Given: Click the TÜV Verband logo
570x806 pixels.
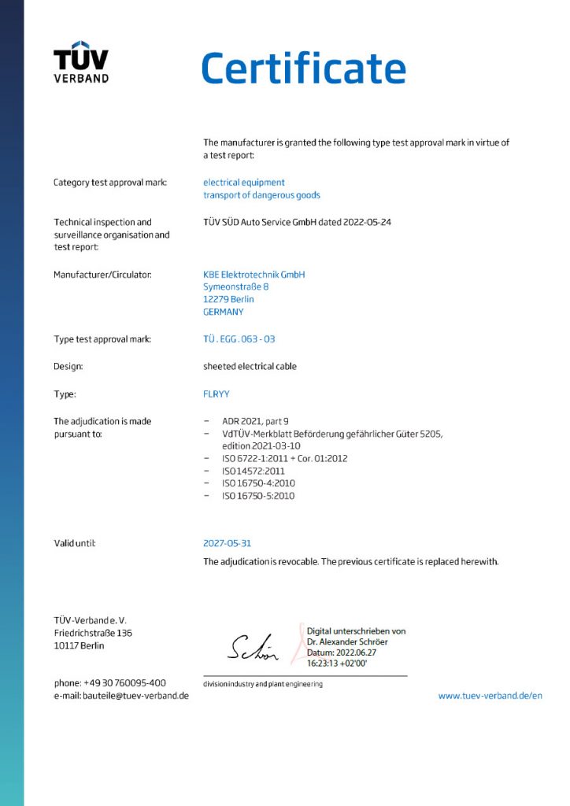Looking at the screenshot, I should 81,61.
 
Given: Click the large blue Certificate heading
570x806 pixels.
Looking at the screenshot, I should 303,68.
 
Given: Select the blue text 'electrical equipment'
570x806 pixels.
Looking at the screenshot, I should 243,183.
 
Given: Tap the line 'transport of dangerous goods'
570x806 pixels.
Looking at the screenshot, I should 261,195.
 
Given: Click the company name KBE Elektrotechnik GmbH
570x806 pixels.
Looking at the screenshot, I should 254,275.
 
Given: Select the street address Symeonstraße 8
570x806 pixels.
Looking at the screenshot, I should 236,287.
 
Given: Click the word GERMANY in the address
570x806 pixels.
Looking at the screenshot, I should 223,312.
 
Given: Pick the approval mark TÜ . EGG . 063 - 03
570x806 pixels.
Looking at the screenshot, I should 239,339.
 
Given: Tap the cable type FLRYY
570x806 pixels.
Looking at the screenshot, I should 217,394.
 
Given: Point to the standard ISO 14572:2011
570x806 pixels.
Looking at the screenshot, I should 253,471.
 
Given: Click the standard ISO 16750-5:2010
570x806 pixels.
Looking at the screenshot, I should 258,496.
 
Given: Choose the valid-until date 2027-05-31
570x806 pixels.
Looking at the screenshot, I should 228,543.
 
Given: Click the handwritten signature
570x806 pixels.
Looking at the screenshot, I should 252,648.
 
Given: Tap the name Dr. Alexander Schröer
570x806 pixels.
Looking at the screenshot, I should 347,641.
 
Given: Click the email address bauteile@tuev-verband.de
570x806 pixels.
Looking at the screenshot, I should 135,696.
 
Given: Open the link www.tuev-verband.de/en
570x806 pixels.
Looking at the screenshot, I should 490,696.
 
